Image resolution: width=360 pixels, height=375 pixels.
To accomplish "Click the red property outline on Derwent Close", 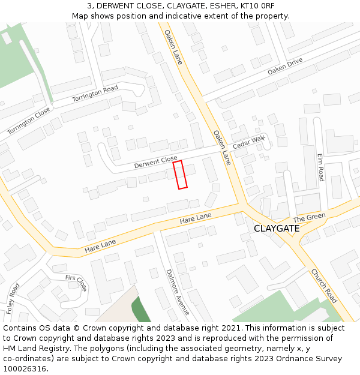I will pos(180,175).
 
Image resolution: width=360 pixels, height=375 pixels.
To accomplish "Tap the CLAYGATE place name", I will pos(277,229).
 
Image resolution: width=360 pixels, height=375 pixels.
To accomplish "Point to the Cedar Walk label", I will pos(249,143).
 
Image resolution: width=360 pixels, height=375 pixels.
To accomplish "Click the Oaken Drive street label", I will pos(285,66).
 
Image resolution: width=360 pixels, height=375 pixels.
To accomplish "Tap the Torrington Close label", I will pos(29,121).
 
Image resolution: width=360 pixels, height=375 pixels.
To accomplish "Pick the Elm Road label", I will pos(321,167).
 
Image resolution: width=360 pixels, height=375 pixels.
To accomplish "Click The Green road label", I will pos(309,217).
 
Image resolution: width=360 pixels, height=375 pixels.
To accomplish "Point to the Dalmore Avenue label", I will pos(178,292).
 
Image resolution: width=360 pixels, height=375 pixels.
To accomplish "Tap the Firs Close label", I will pos(76,282).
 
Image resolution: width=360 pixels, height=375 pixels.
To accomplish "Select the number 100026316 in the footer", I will pos(24,369).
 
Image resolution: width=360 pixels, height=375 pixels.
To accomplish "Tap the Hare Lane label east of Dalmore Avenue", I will pos(196,218).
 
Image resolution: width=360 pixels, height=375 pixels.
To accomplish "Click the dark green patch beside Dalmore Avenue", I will pos(141,309).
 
